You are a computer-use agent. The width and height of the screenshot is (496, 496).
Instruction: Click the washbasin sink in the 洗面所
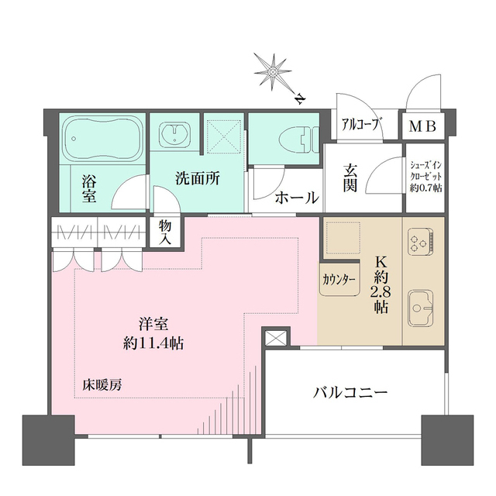(175, 136)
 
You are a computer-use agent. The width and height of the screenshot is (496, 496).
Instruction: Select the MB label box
(422, 126)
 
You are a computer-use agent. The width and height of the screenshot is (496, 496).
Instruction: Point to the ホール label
(297, 198)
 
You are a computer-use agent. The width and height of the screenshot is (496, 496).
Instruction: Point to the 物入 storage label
(166, 231)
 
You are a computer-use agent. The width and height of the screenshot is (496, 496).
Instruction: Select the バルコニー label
(350, 392)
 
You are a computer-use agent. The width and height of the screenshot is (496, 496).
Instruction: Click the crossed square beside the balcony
(276, 339)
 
